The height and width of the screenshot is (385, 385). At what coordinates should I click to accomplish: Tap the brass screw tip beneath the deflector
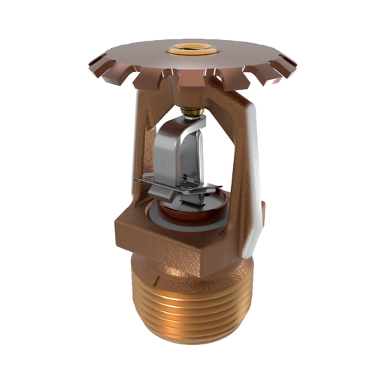point(194,113)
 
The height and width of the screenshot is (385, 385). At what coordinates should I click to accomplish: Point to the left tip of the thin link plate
point(137,180)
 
